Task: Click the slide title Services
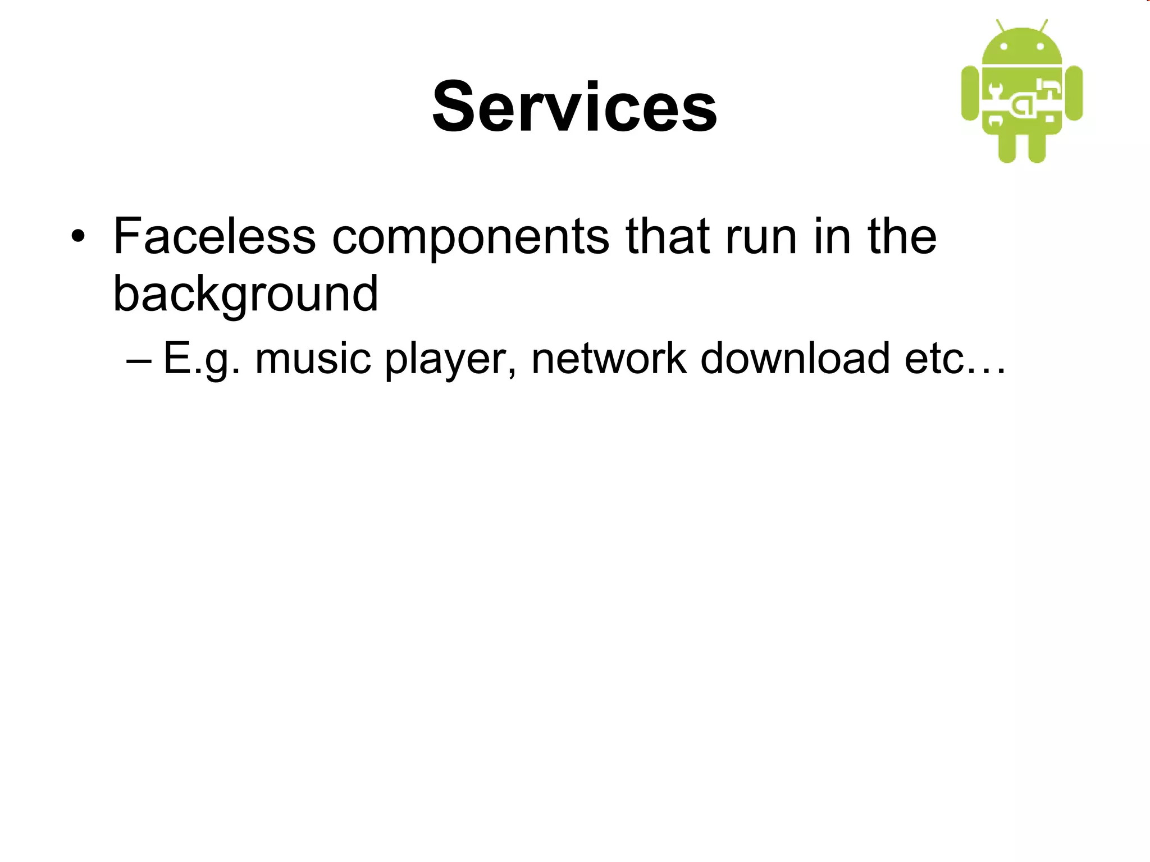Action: tap(574, 107)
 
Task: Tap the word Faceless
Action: tap(215, 236)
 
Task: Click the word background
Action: tap(245, 294)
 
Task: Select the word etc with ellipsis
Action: tap(955, 359)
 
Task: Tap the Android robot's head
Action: tap(1022, 48)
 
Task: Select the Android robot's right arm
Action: tap(1074, 93)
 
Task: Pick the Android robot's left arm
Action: tap(970, 93)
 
